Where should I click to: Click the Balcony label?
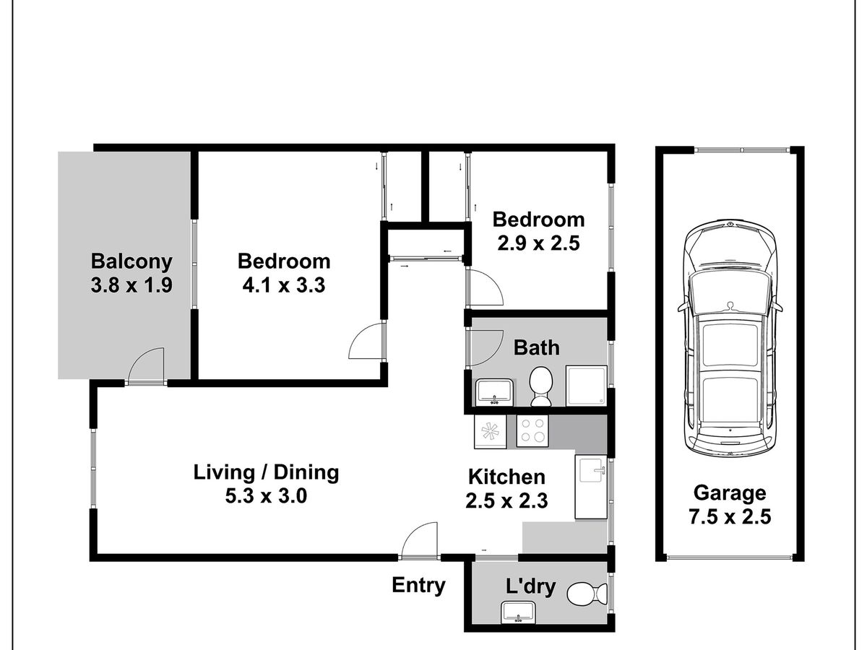pos(131,261)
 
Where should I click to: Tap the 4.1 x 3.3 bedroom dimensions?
pos(284,285)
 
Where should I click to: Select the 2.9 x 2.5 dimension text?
pos(538,243)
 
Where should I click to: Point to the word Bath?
pos(536,347)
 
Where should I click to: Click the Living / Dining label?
pos(266,473)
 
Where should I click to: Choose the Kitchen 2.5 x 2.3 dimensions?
pos(506,500)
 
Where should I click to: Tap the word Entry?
pos(418,585)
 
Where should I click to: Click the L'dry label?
pos(530,586)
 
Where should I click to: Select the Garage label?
pos(729,493)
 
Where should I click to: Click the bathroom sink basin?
pos(494,391)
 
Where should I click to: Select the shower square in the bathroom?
pos(586,386)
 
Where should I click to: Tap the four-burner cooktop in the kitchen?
pos(532,431)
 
